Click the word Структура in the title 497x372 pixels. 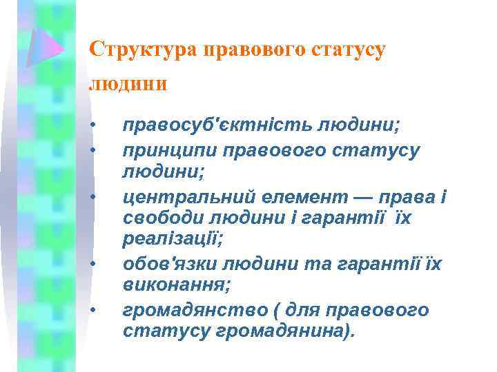tap(144, 50)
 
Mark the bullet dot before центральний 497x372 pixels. tap(92, 197)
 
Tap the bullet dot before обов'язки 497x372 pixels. tap(92, 264)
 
